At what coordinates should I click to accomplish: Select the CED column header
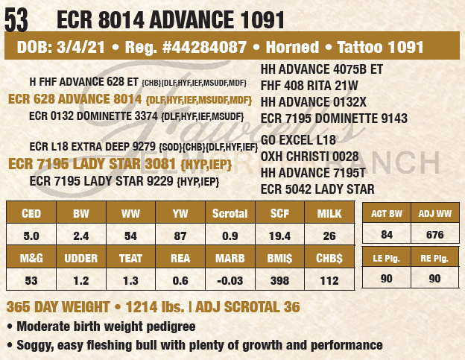point(31,213)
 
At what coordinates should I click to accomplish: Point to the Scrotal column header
point(230,213)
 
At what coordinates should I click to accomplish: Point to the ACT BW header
point(386,213)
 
